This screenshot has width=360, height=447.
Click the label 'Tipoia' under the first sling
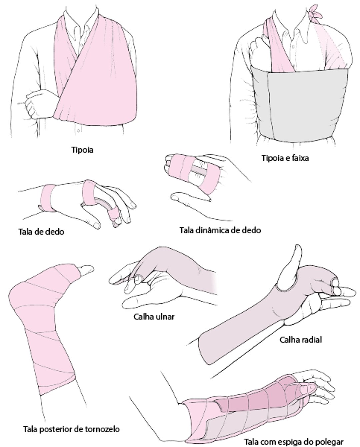[82, 150]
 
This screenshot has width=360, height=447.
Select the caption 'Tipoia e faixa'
[285, 158]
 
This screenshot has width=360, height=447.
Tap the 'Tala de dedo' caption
[41, 232]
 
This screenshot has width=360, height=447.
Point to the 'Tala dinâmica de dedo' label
[220, 230]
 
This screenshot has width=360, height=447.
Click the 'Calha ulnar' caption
[154, 317]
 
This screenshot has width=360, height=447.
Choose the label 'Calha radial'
[301, 340]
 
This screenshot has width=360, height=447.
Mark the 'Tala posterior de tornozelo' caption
[71, 429]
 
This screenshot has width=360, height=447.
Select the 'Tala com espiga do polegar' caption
[294, 441]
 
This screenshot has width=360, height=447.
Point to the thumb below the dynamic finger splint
[190, 197]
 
